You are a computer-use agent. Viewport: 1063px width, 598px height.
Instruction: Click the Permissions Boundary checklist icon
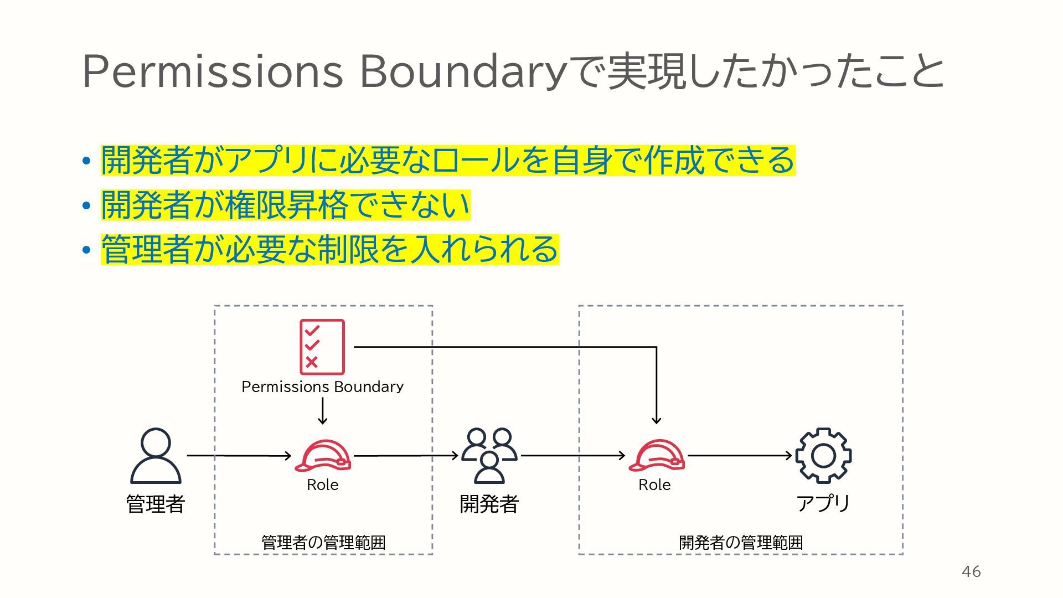(x=322, y=347)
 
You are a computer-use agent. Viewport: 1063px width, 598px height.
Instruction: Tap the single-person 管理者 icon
(x=156, y=456)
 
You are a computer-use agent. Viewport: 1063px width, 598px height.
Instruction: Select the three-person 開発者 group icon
(x=489, y=455)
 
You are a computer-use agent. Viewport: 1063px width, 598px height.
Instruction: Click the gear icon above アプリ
(x=823, y=455)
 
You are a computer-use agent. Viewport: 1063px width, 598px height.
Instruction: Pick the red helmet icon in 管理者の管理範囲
(x=323, y=456)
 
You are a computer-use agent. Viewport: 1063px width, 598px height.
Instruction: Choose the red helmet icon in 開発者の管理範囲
(x=657, y=456)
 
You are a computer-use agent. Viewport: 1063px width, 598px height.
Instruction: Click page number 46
(x=971, y=571)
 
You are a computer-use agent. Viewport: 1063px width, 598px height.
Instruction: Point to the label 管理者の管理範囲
(x=323, y=542)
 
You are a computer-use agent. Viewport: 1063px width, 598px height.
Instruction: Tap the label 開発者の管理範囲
(x=741, y=542)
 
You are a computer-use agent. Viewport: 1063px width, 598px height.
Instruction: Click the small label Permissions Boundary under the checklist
(x=322, y=386)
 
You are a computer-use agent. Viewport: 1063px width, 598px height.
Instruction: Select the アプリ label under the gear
(x=823, y=503)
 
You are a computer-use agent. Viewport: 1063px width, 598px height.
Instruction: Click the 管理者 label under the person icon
(x=156, y=504)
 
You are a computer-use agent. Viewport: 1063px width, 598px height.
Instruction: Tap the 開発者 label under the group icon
(x=489, y=504)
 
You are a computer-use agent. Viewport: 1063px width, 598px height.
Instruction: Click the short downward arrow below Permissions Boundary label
(x=323, y=411)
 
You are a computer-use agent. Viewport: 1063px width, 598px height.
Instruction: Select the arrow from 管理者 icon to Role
(x=239, y=456)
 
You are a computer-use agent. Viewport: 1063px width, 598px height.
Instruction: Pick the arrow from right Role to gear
(x=740, y=456)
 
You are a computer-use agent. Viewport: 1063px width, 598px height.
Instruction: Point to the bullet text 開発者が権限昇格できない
(x=286, y=205)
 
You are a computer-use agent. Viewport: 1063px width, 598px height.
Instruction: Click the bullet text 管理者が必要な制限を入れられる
(x=330, y=249)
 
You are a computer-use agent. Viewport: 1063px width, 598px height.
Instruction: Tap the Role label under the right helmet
(x=654, y=485)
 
